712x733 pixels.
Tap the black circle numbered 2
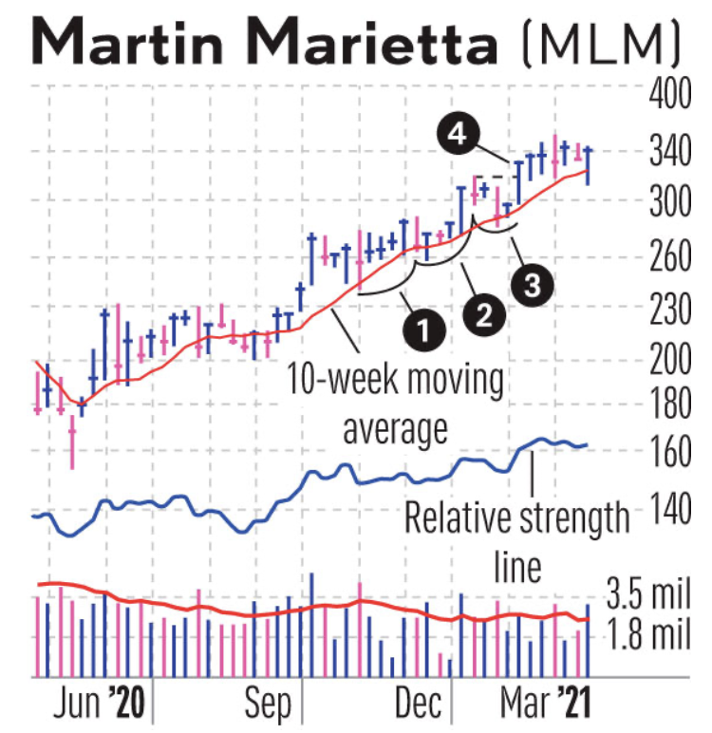[x=482, y=312]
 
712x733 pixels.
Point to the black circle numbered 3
[x=533, y=283]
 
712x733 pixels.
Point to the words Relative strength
[x=516, y=519]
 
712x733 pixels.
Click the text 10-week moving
[x=396, y=381]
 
